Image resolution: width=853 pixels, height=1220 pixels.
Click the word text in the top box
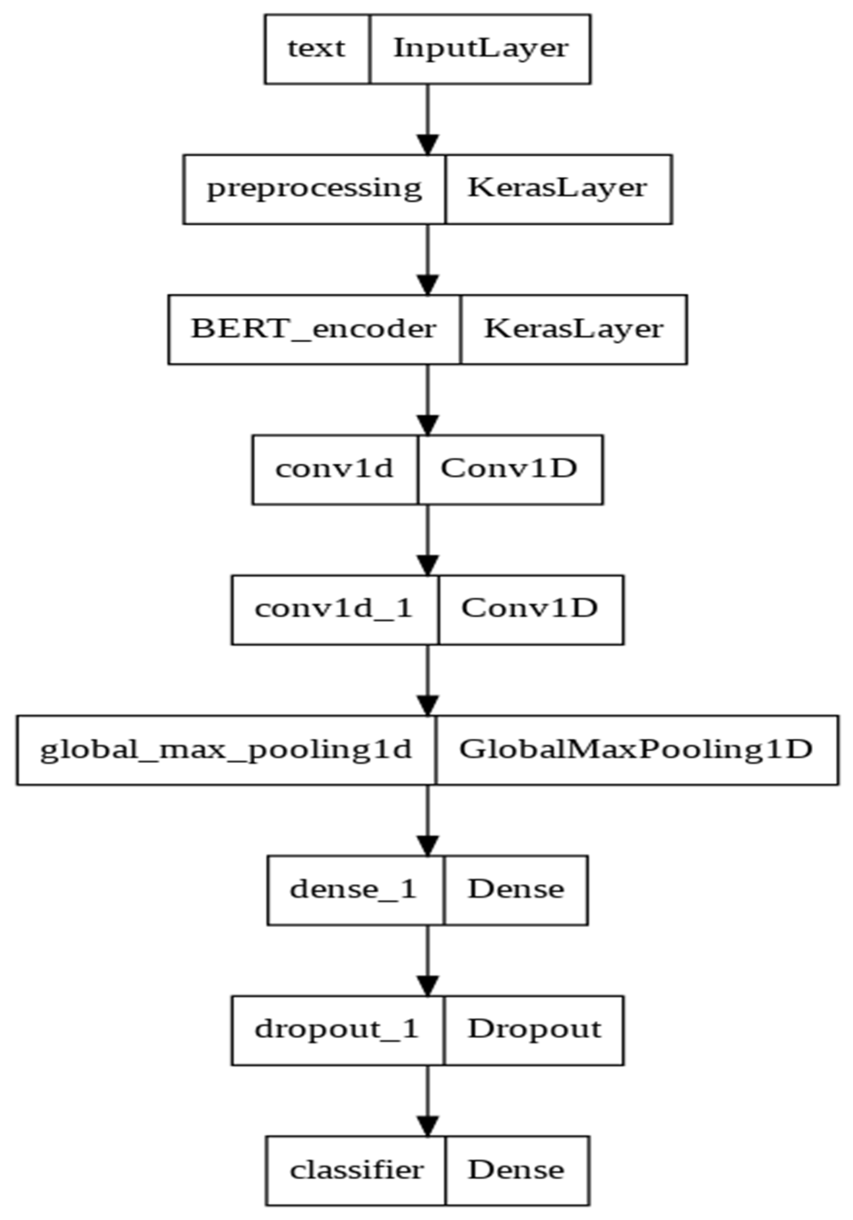316,48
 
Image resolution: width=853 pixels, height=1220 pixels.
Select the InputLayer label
480,48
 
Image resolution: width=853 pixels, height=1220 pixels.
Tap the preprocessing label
314,189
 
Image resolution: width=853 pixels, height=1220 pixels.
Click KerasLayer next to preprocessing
557,188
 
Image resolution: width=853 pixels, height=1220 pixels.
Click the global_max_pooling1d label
226,750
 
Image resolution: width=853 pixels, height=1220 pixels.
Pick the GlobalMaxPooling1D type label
636,750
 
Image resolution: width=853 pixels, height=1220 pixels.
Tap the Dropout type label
534,1030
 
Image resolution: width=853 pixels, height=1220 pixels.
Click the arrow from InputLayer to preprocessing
427,119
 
